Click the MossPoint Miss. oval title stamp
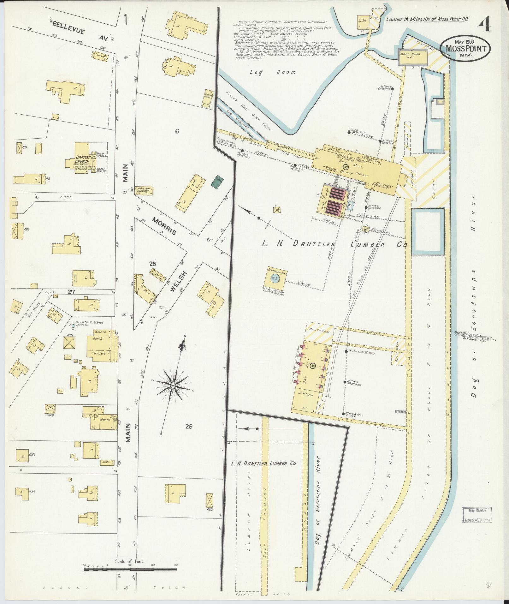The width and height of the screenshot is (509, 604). pyautogui.click(x=465, y=48)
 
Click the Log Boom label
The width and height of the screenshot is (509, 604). pyautogui.click(x=273, y=72)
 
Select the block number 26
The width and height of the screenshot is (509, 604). pyautogui.click(x=189, y=427)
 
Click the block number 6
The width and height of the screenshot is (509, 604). pyautogui.click(x=177, y=131)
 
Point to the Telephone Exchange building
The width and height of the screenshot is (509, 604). pyautogui.click(x=144, y=190)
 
